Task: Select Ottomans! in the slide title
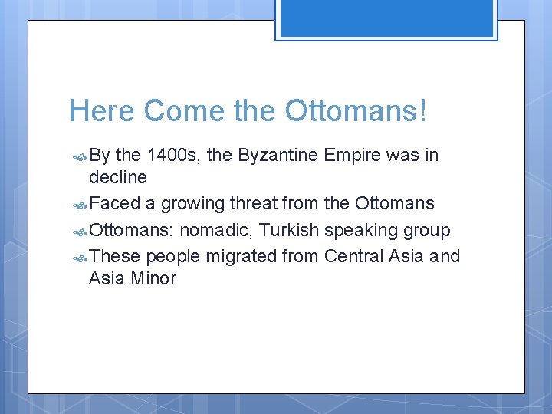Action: [x=356, y=111]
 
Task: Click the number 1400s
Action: [x=174, y=156]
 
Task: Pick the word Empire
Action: [x=353, y=156]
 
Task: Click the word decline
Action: [x=118, y=178]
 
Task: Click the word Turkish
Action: [x=288, y=230]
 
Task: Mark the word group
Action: [x=426, y=230]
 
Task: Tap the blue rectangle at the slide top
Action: [x=386, y=18]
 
